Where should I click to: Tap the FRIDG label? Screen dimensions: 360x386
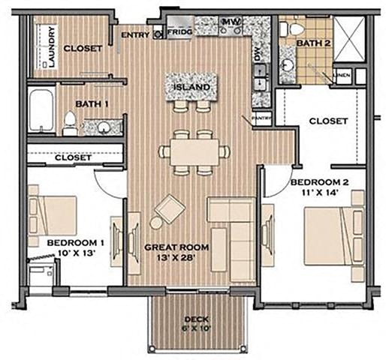pos(179,33)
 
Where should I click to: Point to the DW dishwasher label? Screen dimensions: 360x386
pos(256,54)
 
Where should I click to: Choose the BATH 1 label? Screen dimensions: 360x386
pos(92,103)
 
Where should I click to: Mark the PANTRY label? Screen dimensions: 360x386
pos(261,118)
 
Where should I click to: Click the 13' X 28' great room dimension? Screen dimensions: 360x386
pos(177,259)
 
